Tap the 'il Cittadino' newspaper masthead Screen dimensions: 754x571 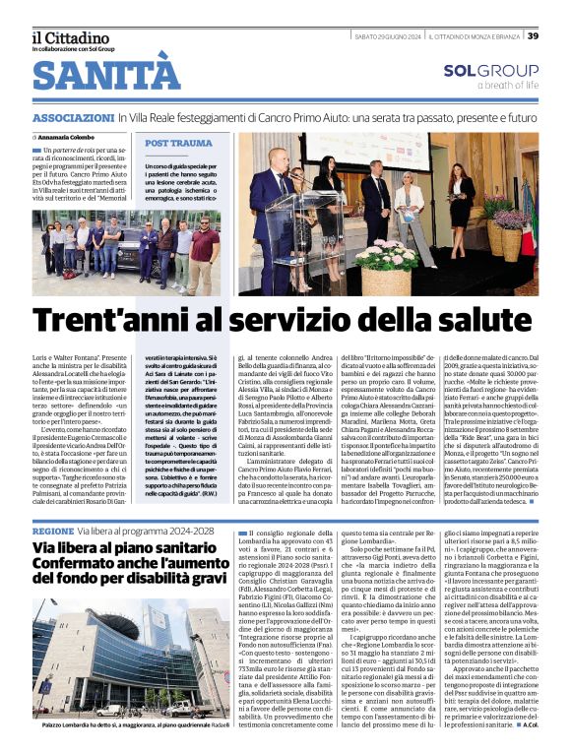(68, 36)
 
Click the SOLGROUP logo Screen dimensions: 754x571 (490, 71)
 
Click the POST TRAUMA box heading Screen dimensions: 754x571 (178, 144)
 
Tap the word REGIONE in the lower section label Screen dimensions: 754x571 (52, 529)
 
